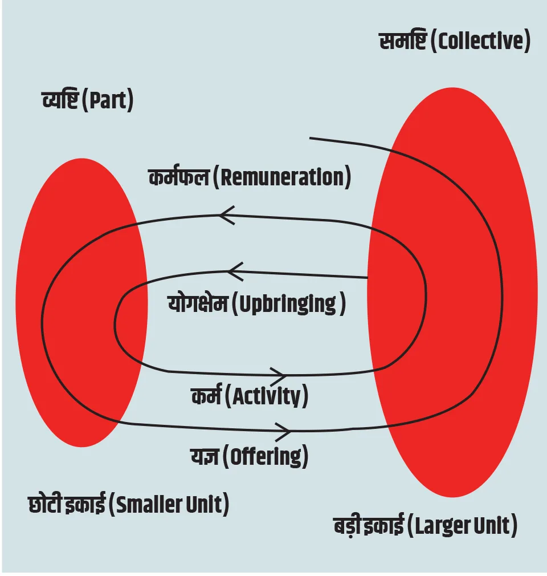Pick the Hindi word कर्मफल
(x=178, y=177)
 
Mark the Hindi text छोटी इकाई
(x=67, y=505)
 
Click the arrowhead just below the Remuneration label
(x=226, y=215)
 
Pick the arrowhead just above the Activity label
(x=277, y=375)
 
